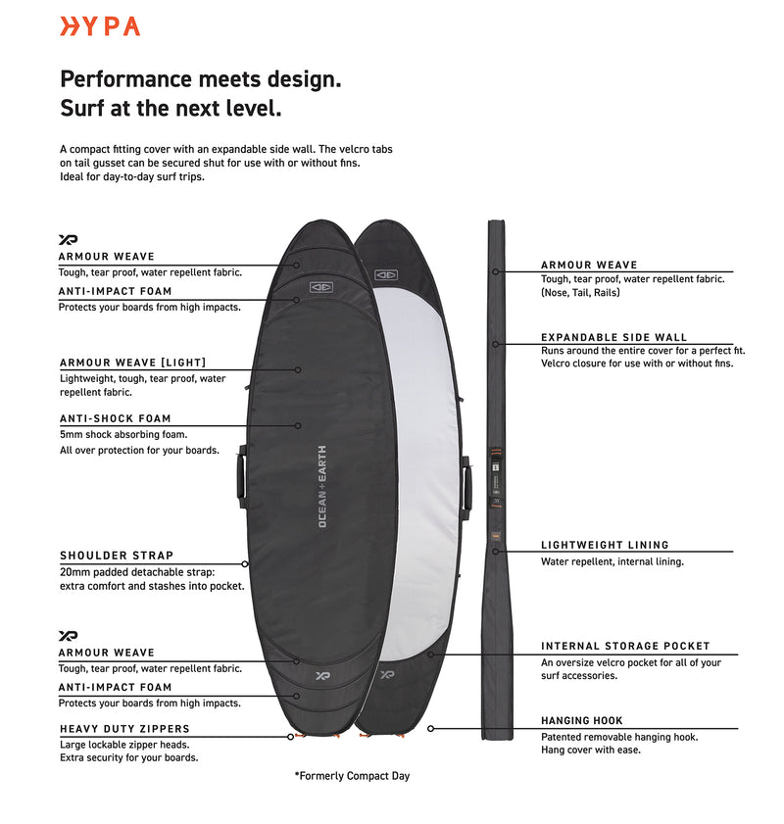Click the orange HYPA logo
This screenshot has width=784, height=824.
(x=100, y=26)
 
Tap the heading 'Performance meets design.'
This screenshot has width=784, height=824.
(x=201, y=79)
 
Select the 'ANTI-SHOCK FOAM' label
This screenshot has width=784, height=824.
(x=115, y=418)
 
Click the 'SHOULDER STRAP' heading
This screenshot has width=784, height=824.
(x=116, y=556)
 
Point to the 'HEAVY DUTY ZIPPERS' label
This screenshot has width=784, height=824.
(x=124, y=728)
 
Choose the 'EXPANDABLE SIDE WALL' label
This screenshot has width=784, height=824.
(x=613, y=337)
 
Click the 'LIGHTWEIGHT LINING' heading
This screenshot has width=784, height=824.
(x=605, y=545)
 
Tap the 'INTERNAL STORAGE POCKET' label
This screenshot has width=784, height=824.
(x=625, y=646)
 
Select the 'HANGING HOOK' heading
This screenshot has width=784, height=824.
(x=582, y=720)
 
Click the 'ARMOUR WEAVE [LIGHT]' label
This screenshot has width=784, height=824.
(x=132, y=363)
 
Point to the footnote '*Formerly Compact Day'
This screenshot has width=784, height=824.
(x=352, y=776)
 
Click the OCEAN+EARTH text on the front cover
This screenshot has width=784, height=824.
(x=322, y=487)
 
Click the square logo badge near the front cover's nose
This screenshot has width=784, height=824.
(x=321, y=287)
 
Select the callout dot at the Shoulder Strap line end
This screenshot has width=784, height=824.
(x=245, y=564)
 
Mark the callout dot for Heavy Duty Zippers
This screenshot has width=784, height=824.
(x=291, y=737)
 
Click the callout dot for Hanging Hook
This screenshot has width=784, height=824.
(x=430, y=728)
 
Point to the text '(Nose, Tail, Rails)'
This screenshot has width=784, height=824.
(x=580, y=293)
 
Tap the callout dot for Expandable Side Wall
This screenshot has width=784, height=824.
(x=496, y=344)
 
